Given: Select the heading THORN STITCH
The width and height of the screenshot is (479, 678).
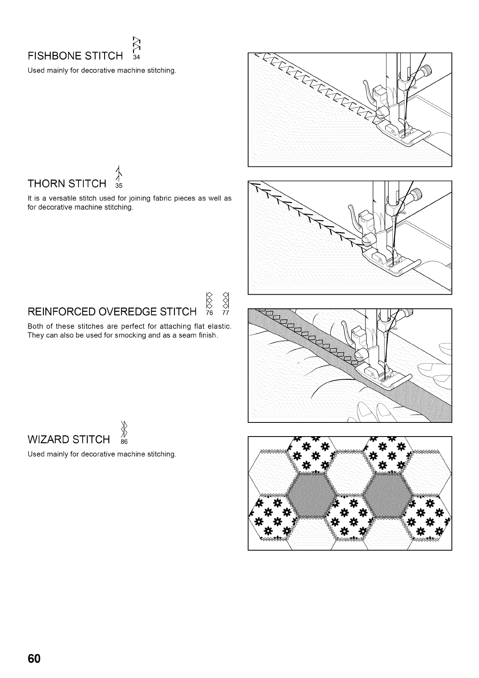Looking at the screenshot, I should pos(67,184).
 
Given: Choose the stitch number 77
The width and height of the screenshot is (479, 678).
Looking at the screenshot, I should pos(226,313).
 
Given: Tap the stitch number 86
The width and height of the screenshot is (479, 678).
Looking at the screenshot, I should pos(124,442).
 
